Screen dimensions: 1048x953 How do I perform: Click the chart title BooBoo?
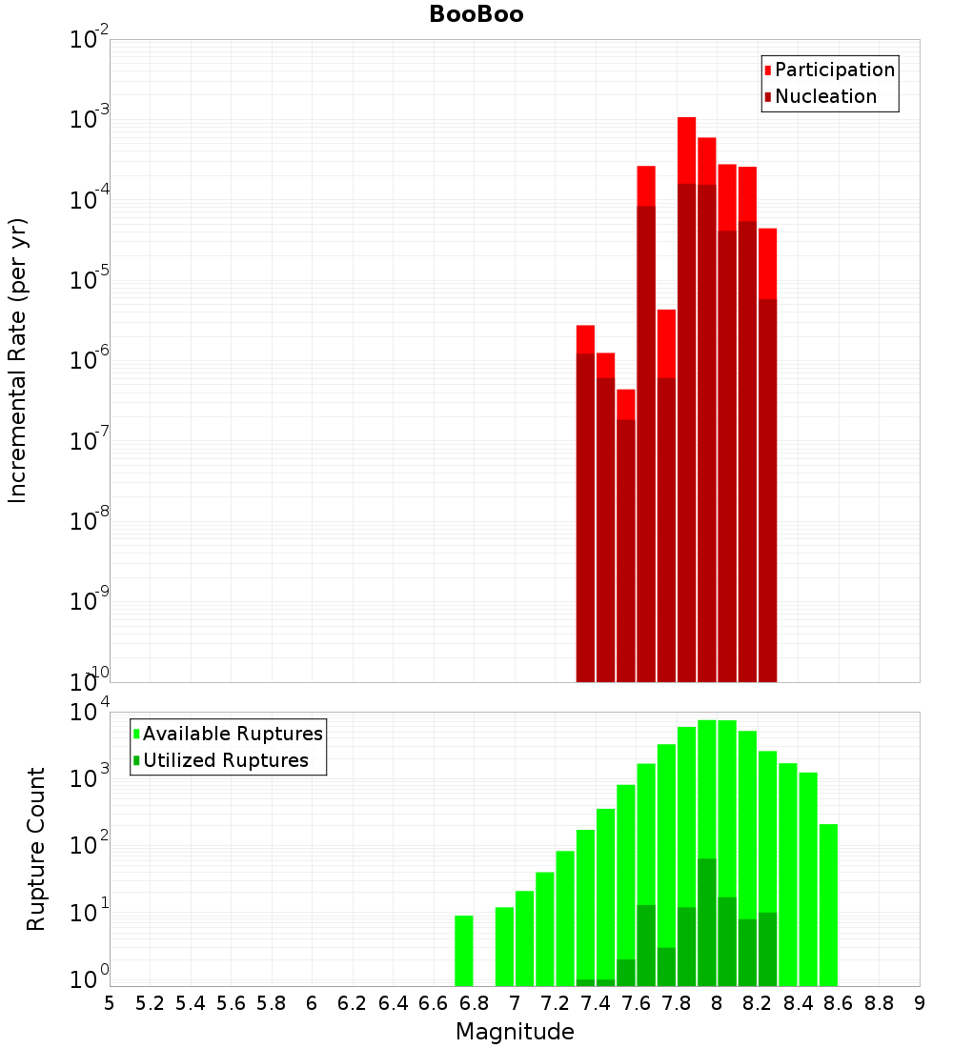[476, 14]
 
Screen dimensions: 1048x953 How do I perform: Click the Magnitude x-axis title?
[515, 1032]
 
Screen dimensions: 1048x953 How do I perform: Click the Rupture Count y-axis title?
[36, 849]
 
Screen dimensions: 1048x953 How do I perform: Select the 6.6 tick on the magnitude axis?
[434, 1003]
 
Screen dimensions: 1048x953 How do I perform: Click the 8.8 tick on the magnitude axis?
[879, 1003]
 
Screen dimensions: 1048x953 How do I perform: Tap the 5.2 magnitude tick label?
[150, 1003]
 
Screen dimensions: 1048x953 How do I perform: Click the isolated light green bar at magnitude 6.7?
[464, 951]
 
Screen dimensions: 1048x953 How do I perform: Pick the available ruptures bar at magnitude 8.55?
[828, 905]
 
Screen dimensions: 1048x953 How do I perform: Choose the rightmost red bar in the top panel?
[767, 263]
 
